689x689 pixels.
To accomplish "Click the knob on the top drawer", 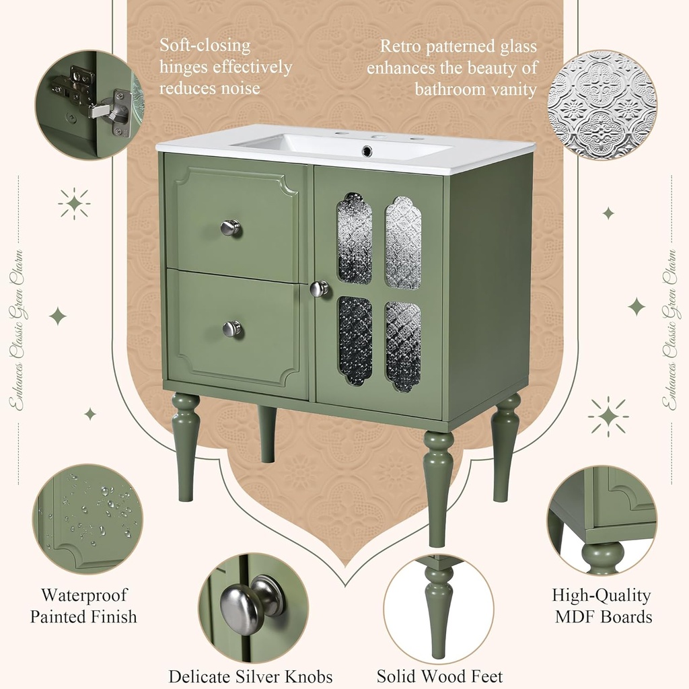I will click(231, 227).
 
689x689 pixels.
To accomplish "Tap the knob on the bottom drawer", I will click(231, 328).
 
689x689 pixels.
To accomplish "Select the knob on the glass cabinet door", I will click(320, 289).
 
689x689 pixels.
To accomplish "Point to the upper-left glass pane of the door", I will click(354, 238).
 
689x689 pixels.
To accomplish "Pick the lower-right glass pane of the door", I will click(403, 346).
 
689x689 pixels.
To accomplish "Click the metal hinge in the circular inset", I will click(101, 101).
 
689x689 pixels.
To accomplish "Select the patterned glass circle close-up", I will click(602, 105).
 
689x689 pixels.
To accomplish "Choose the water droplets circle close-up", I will click(87, 519).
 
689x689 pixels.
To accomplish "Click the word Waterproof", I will click(84, 595).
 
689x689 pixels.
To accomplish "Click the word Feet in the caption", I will click(483, 676).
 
